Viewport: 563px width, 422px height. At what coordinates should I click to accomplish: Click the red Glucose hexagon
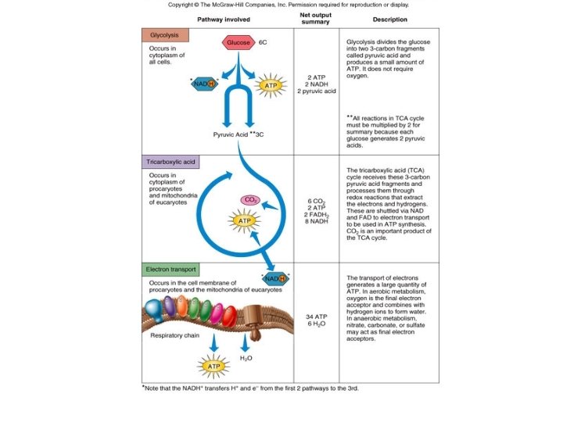pyautogui.click(x=239, y=42)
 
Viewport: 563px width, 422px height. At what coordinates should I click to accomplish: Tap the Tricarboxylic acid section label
pyautogui.click(x=170, y=162)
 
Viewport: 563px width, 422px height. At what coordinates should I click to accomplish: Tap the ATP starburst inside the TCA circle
pyautogui.click(x=243, y=221)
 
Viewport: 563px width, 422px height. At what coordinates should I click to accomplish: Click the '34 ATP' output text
pyautogui.click(x=315, y=316)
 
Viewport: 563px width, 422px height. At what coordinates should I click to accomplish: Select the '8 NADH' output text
pyautogui.click(x=316, y=222)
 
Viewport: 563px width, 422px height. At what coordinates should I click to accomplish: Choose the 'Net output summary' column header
pyautogui.click(x=315, y=18)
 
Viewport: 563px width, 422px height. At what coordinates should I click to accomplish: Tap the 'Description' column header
pyautogui.click(x=389, y=18)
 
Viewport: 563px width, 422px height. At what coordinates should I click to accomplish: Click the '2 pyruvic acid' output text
pyautogui.click(x=316, y=91)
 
